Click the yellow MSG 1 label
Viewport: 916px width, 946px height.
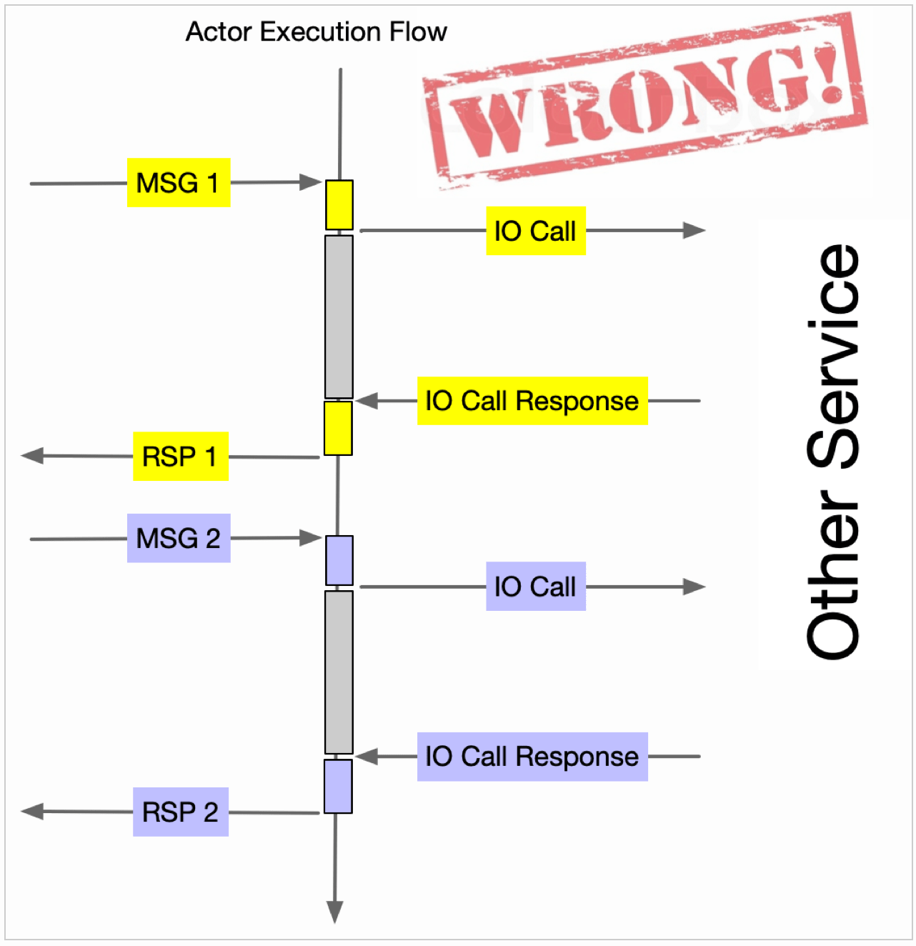pyautogui.click(x=179, y=183)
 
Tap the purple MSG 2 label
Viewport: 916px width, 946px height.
pyautogui.click(x=179, y=538)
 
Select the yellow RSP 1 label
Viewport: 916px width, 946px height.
pyautogui.click(x=180, y=456)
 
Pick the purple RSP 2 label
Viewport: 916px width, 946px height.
pyautogui.click(x=180, y=812)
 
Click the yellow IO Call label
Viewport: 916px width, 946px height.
pyautogui.click(x=535, y=231)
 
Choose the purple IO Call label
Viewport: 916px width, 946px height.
pyautogui.click(x=535, y=587)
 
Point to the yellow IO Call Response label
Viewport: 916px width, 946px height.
pyautogui.click(x=532, y=401)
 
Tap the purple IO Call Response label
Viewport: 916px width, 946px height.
pyautogui.click(x=532, y=757)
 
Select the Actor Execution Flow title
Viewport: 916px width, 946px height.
pyautogui.click(x=316, y=32)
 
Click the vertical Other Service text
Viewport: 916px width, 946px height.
pyautogui.click(x=833, y=452)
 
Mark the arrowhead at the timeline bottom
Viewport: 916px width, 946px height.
pyautogui.click(x=334, y=912)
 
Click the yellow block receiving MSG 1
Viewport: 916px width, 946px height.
pyautogui.click(x=339, y=204)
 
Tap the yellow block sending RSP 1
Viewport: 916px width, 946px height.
pyautogui.click(x=338, y=428)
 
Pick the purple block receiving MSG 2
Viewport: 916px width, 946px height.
pyautogui.click(x=339, y=560)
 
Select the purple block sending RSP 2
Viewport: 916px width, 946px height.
pyautogui.click(x=338, y=786)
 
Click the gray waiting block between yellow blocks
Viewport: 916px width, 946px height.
pyautogui.click(x=339, y=316)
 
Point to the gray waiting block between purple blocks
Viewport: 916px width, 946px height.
pyautogui.click(x=339, y=672)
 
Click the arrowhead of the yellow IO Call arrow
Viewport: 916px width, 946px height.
pyautogui.click(x=695, y=230)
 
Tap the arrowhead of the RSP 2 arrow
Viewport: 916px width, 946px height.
pyautogui.click(x=32, y=811)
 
